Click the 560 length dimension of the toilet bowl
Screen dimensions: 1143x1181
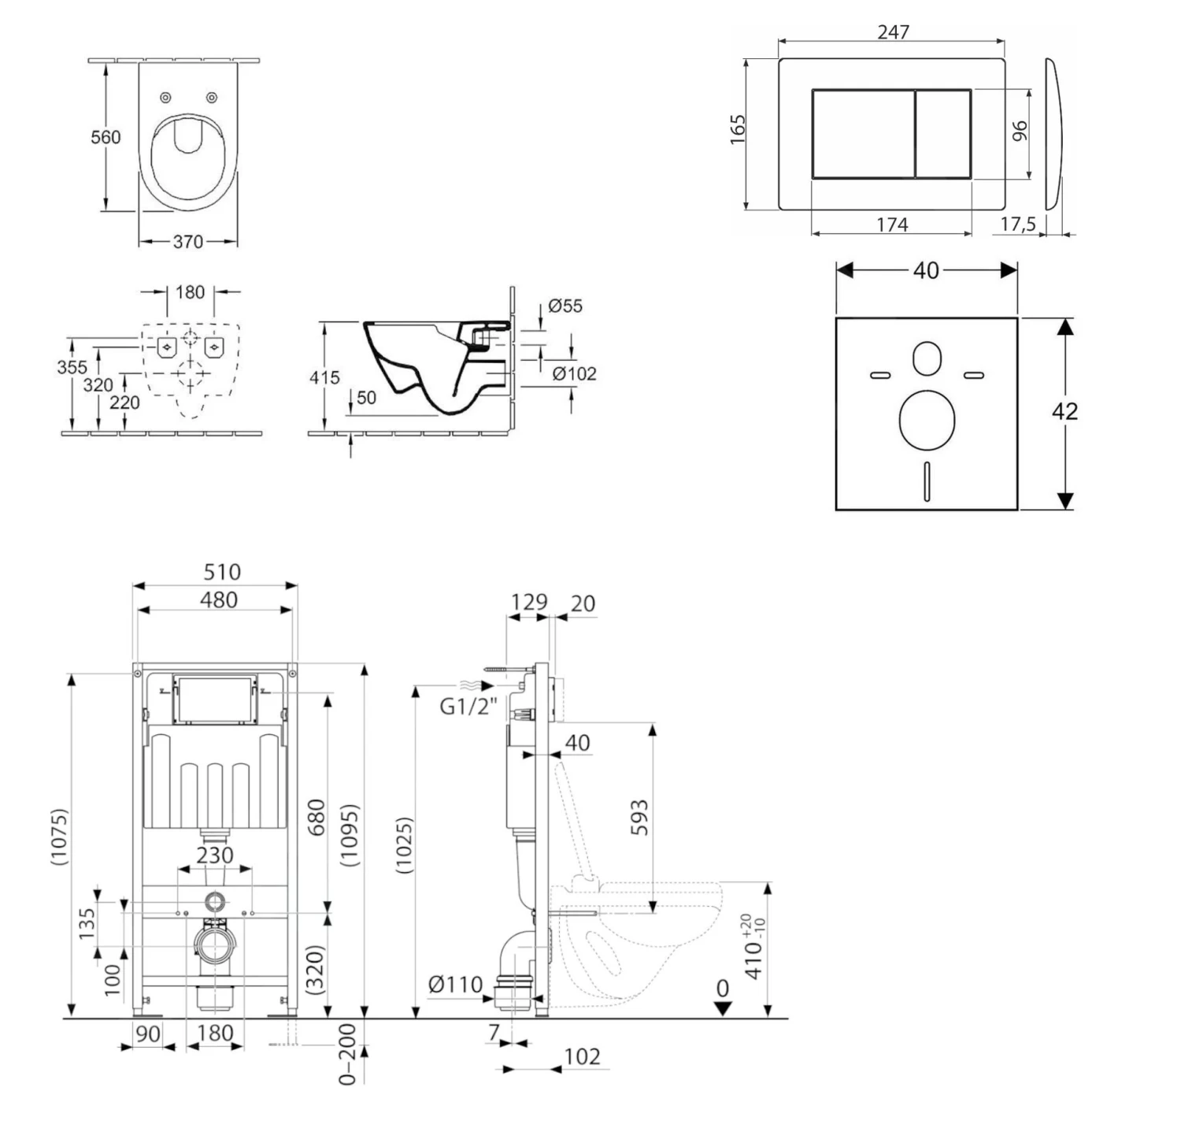pos(106,137)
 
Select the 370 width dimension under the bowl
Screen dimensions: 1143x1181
pos(187,242)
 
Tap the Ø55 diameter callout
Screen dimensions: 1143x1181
pos(565,306)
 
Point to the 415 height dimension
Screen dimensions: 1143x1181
pos(324,377)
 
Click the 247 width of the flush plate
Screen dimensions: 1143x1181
pos(893,32)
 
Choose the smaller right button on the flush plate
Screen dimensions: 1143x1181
pos(943,134)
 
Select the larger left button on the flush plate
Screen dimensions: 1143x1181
pos(863,134)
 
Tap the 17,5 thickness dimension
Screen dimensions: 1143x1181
pos(1018,225)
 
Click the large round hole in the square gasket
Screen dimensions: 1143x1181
pos(927,418)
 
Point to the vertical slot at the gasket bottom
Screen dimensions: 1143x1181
pos(927,481)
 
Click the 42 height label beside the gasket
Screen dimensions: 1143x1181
pos(1064,411)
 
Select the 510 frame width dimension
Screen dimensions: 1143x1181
pos(221,572)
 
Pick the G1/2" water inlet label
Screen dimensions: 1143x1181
pos(468,707)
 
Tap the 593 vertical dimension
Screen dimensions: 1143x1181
pos(640,817)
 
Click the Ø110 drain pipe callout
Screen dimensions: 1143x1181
pos(455,984)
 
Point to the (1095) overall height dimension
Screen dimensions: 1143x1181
pos(350,836)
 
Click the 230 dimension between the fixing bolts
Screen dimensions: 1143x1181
pos(215,855)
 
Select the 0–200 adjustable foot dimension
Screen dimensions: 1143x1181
pos(347,1054)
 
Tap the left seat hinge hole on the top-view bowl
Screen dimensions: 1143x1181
pos(165,98)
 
